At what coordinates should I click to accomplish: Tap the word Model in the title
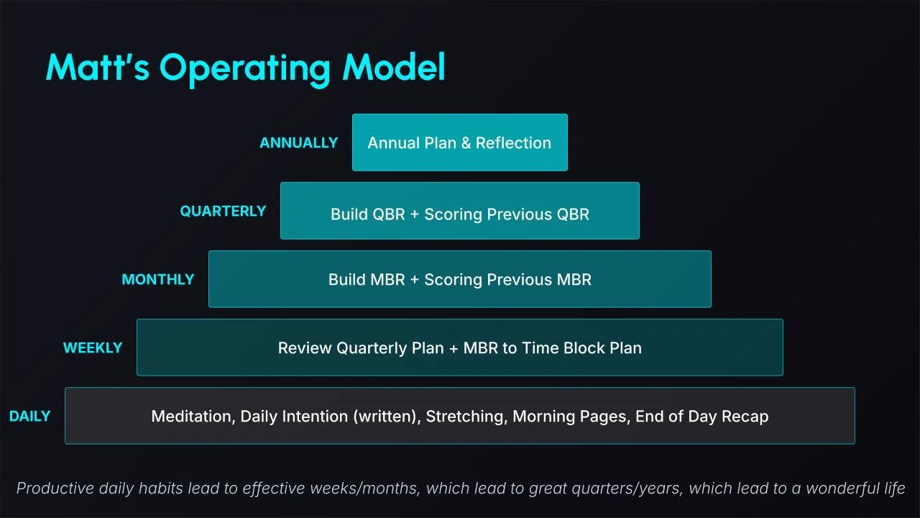[394, 66]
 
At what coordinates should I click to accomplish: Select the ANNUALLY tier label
[298, 142]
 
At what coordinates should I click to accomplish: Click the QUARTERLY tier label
[223, 211]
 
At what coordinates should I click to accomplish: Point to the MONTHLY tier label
[158, 280]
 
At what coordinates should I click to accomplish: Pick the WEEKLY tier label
[93, 347]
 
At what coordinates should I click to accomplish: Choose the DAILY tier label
[29, 416]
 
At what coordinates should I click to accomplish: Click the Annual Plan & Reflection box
[460, 142]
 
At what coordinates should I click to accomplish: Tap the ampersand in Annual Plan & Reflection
[466, 143]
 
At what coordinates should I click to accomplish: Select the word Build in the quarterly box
[348, 214]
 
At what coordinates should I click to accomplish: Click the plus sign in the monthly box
[415, 280]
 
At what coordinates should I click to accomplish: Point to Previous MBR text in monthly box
[539, 280]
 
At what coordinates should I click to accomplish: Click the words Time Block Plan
[582, 347]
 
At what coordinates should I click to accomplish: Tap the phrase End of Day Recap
[702, 417]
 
